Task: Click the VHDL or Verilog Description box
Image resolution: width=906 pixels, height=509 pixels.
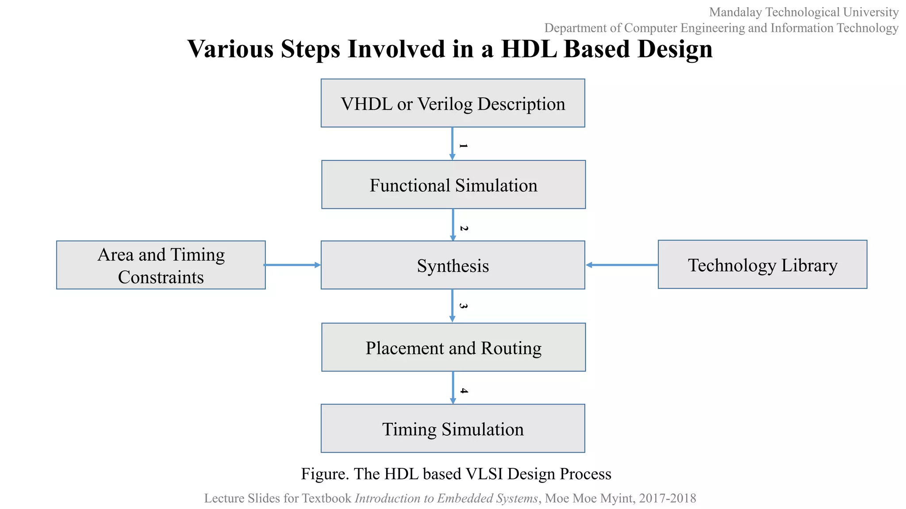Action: pyautogui.click(x=453, y=103)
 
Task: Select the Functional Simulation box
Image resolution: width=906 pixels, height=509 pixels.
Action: pyautogui.click(x=453, y=185)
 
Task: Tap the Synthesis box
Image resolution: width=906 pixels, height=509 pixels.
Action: pyautogui.click(x=453, y=265)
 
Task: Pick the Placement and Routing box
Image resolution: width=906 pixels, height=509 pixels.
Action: pyautogui.click(x=453, y=347)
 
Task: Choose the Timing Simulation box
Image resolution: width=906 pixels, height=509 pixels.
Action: pyautogui.click(x=453, y=429)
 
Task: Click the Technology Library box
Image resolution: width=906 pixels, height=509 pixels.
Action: pyautogui.click(x=762, y=265)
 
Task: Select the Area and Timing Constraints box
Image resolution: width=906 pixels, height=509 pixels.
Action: pyautogui.click(x=161, y=265)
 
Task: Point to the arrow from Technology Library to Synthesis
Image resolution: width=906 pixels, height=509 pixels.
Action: pyautogui.click(x=622, y=265)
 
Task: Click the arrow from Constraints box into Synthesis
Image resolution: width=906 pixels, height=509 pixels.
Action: pyautogui.click(x=292, y=265)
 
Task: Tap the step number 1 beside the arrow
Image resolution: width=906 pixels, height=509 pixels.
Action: pyautogui.click(x=463, y=145)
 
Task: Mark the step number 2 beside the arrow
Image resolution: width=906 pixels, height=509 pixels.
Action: pyautogui.click(x=464, y=228)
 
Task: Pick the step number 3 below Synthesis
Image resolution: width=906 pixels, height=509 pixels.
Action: pyautogui.click(x=463, y=306)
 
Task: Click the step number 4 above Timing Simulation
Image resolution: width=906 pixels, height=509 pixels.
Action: pyautogui.click(x=464, y=391)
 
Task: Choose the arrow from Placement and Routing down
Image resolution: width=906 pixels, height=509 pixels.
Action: pyautogui.click(x=453, y=387)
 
